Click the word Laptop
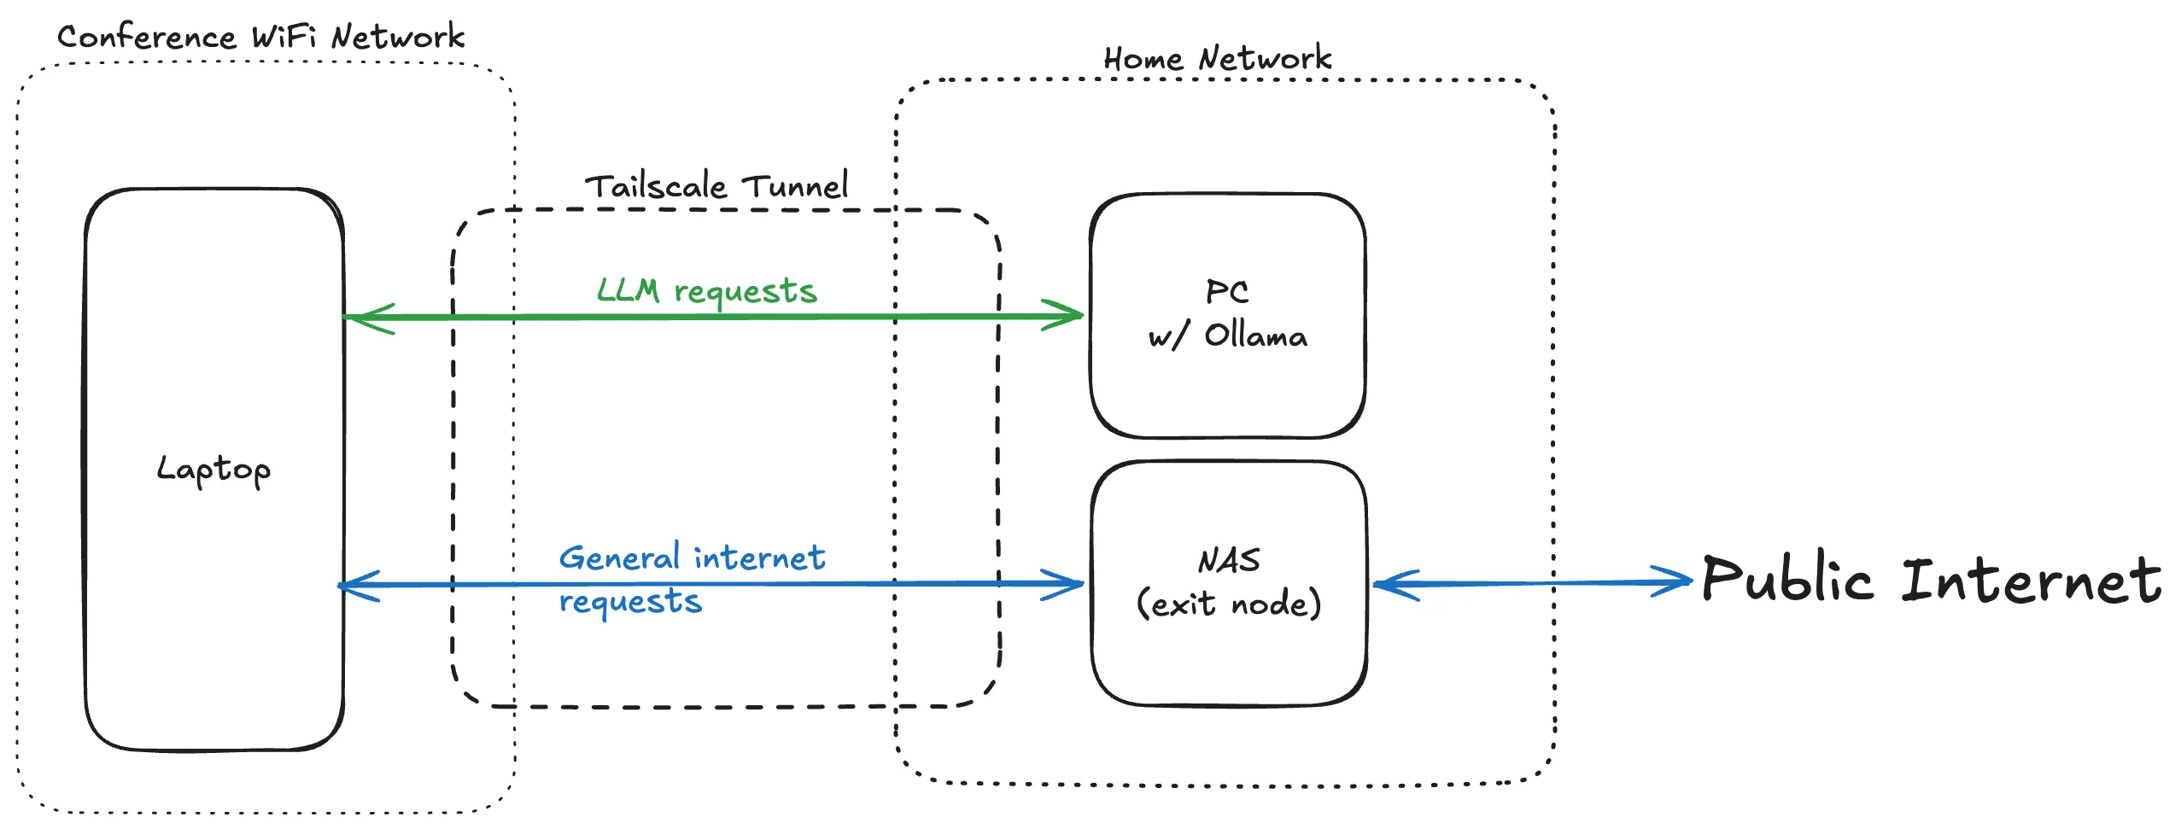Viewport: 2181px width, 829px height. click(213, 469)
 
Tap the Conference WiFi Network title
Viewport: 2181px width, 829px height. click(260, 37)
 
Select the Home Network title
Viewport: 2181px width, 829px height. click(1217, 58)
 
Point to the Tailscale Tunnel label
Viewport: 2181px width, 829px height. click(716, 186)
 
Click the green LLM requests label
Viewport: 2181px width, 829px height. click(706, 291)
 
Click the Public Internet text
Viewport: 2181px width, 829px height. click(1930, 580)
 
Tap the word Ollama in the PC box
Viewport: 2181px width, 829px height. click(1255, 336)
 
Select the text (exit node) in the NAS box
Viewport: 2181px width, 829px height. click(1229, 604)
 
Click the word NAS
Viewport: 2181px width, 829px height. click(1229, 561)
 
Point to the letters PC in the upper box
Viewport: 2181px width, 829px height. click(1226, 292)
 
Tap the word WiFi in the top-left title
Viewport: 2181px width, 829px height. click(284, 37)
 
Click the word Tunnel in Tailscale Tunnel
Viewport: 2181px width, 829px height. click(794, 186)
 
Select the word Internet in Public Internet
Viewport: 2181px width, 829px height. click(2031, 580)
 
